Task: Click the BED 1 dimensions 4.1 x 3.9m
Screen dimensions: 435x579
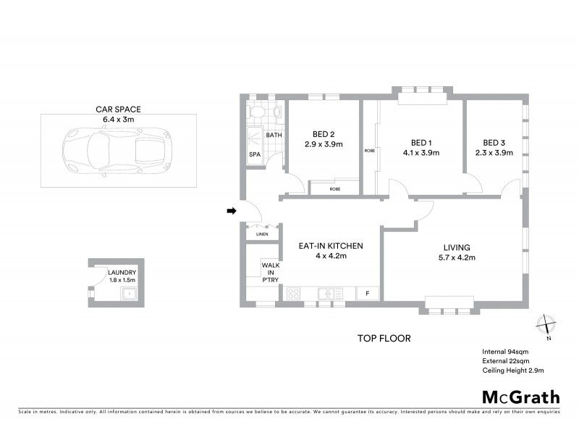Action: tap(421, 153)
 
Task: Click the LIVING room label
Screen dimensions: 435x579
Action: tap(457, 246)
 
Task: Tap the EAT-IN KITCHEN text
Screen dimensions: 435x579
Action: tap(331, 246)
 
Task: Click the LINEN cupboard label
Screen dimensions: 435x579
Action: tap(261, 234)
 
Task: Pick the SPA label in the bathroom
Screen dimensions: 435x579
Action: tap(254, 155)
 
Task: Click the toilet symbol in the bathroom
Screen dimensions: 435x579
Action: tap(255, 112)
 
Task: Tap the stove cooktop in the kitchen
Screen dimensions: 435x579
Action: tap(295, 294)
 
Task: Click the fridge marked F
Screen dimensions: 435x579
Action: tap(368, 294)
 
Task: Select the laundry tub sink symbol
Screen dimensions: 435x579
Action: tap(130, 294)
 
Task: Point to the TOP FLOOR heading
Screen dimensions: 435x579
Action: tap(384, 338)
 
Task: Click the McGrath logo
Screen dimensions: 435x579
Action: tap(521, 397)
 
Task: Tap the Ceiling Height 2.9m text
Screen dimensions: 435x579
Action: tap(512, 370)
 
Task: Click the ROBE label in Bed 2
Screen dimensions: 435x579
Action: tap(334, 188)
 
